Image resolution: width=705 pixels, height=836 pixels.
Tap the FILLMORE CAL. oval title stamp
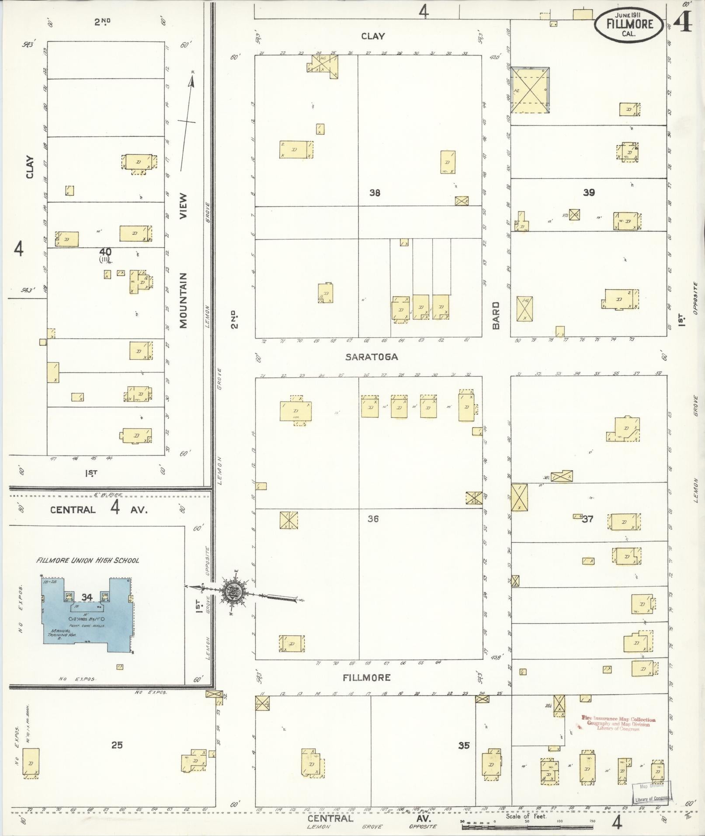(x=629, y=25)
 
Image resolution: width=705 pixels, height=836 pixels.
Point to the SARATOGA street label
(x=372, y=357)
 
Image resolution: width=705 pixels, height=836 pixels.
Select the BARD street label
(x=496, y=315)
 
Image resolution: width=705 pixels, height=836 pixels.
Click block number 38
(x=375, y=192)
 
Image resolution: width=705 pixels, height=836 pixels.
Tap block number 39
(x=589, y=192)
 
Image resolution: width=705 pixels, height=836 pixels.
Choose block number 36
(x=373, y=519)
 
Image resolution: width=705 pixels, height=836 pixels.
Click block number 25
(x=117, y=745)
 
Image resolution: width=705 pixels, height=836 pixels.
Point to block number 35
(x=464, y=746)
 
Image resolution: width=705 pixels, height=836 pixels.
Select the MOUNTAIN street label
(x=183, y=300)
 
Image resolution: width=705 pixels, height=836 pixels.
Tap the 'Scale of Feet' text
(x=526, y=816)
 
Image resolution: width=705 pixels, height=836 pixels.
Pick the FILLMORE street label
(x=366, y=678)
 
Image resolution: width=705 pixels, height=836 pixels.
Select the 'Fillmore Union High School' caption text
(x=88, y=560)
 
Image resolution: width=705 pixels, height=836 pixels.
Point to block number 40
(x=105, y=252)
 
